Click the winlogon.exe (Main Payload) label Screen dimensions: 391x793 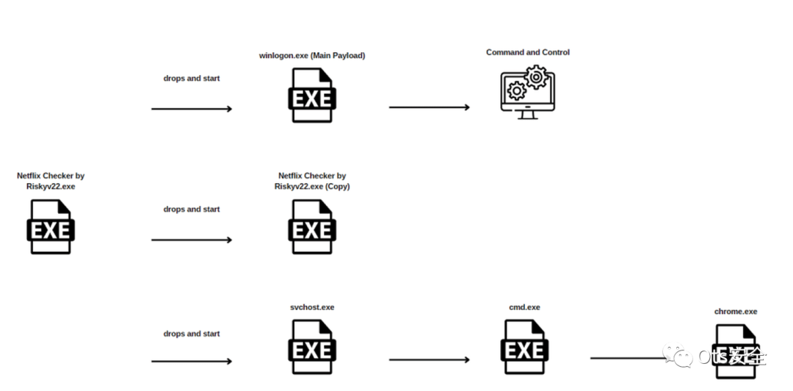tap(312, 56)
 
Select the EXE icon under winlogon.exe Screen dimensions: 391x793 tap(312, 96)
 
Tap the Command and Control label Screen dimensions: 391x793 tap(527, 53)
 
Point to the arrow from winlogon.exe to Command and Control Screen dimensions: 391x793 tap(429, 107)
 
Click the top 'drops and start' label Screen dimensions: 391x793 tap(192, 79)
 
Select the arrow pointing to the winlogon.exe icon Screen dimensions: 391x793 tap(192, 109)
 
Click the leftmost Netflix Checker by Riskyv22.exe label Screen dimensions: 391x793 tap(51, 181)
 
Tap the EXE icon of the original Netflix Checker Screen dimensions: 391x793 tap(51, 227)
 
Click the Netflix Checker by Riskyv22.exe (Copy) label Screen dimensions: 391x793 tap(312, 181)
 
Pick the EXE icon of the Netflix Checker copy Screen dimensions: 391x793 tap(312, 227)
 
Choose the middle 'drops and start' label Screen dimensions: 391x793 tap(192, 209)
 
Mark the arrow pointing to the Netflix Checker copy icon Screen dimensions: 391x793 tap(192, 240)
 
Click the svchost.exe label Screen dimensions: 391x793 tap(312, 307)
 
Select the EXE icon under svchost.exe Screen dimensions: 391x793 tap(312, 348)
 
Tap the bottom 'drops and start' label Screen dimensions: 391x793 tap(192, 334)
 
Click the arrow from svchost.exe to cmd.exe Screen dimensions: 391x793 tap(429, 360)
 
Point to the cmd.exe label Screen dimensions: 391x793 tap(524, 307)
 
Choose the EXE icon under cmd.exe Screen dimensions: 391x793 tap(524, 348)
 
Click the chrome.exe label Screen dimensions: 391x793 tap(736, 312)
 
